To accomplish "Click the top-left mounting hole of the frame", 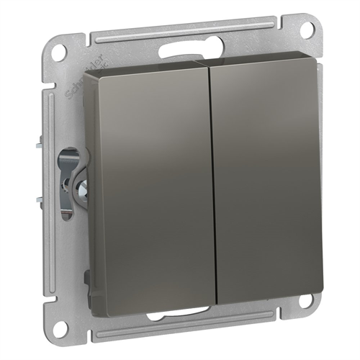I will click(60, 51).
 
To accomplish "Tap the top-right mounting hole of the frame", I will click(306, 30).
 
